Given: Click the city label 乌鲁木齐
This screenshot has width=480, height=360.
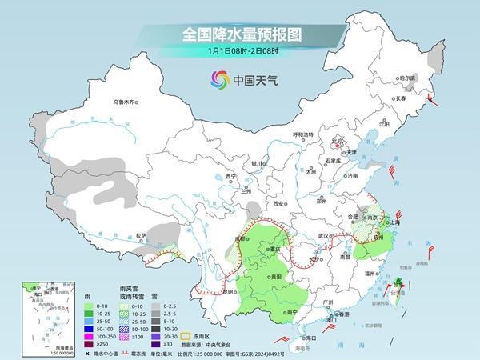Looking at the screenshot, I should (x=126, y=102).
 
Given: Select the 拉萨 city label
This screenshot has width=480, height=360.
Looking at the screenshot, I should (x=141, y=235).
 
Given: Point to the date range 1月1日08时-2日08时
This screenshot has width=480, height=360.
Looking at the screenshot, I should (x=239, y=53).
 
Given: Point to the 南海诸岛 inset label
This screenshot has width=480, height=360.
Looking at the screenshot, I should (x=32, y=348).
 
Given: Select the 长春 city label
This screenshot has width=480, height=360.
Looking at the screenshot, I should (x=400, y=98).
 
